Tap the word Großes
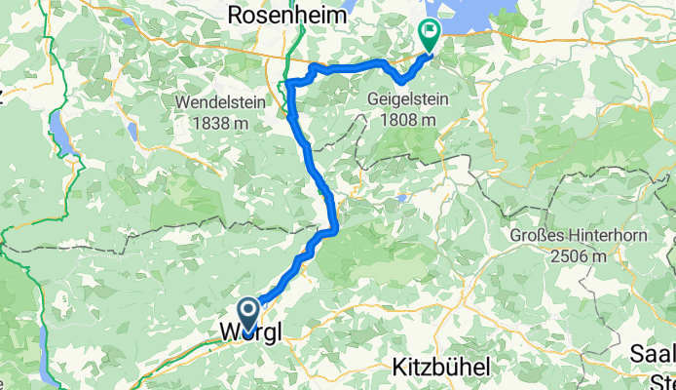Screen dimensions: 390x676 point(541,237)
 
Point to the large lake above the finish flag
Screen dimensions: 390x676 point(464,14)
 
